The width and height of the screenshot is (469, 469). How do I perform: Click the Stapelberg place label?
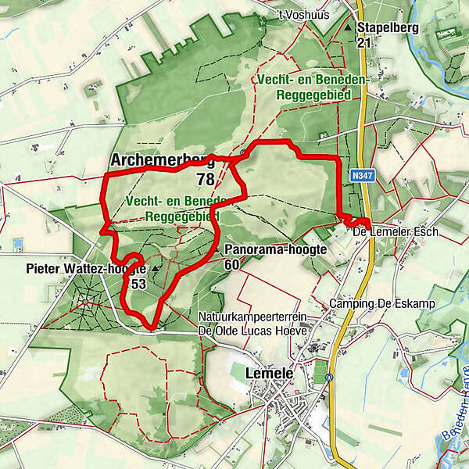[389, 28]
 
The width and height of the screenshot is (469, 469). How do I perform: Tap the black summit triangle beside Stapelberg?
[348, 28]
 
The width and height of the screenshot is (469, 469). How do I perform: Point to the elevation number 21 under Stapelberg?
[363, 44]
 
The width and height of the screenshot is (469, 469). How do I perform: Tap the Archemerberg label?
[163, 160]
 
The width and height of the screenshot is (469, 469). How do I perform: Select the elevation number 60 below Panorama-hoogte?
[231, 264]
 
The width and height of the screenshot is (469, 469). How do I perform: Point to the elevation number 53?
[138, 284]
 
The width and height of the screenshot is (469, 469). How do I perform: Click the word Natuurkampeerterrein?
[249, 317]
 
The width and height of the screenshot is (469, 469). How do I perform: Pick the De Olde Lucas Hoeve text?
[252, 331]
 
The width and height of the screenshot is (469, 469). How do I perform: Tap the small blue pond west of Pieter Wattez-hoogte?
[17, 245]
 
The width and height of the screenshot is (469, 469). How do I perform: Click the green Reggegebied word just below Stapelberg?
[318, 95]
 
